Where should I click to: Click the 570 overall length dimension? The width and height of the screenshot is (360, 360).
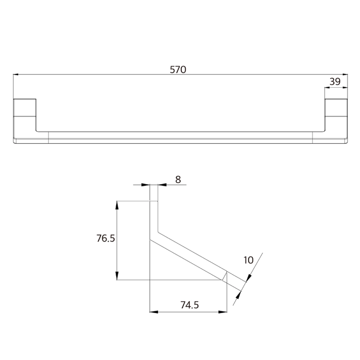(178, 70)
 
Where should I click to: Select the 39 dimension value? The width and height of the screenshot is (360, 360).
(335, 81)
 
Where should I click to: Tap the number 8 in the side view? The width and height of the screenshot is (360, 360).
(178, 180)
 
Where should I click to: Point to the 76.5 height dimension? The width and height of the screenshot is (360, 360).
(106, 238)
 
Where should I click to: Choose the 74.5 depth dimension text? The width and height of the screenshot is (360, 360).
(190, 305)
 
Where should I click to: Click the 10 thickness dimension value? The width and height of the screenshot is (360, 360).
(249, 260)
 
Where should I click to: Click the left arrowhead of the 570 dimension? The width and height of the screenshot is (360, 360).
(16, 74)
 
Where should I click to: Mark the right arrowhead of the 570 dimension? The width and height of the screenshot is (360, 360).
(345, 74)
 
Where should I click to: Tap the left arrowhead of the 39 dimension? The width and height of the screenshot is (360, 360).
(327, 87)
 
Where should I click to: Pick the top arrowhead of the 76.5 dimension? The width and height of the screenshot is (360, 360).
(117, 205)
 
